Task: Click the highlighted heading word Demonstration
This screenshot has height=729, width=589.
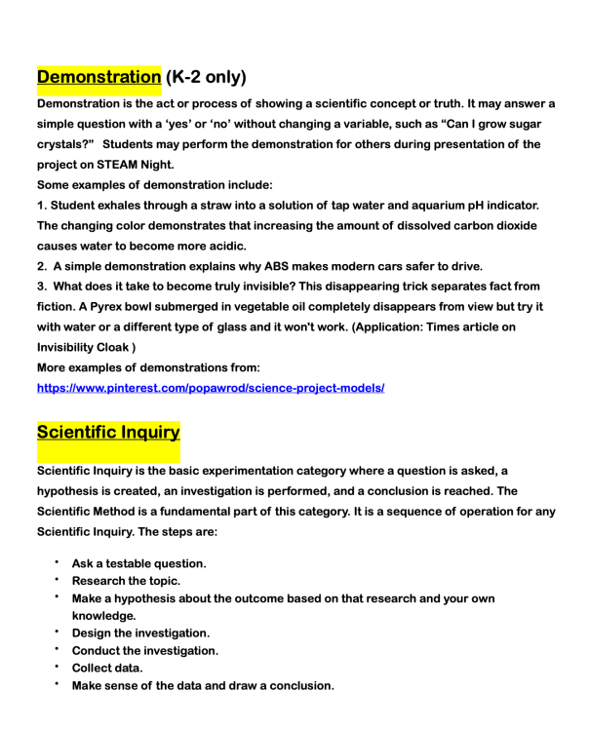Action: tap(98, 75)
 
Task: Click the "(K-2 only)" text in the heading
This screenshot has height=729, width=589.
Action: tap(205, 75)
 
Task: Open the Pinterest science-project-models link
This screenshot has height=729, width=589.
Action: tap(210, 387)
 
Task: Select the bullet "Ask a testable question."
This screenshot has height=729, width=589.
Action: tap(145, 563)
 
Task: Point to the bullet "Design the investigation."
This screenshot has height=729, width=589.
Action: tap(140, 633)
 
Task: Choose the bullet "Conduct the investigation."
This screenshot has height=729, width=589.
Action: tap(145, 650)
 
